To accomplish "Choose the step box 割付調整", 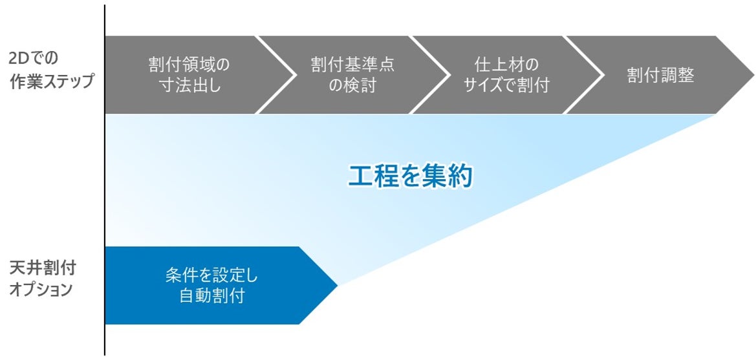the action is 660,75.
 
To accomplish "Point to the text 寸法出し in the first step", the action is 189,85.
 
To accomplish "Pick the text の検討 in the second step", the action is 352,85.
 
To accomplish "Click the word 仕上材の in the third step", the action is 506,65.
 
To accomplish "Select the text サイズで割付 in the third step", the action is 506,85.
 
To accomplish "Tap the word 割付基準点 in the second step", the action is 352,65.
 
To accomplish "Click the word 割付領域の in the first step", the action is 189,65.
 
